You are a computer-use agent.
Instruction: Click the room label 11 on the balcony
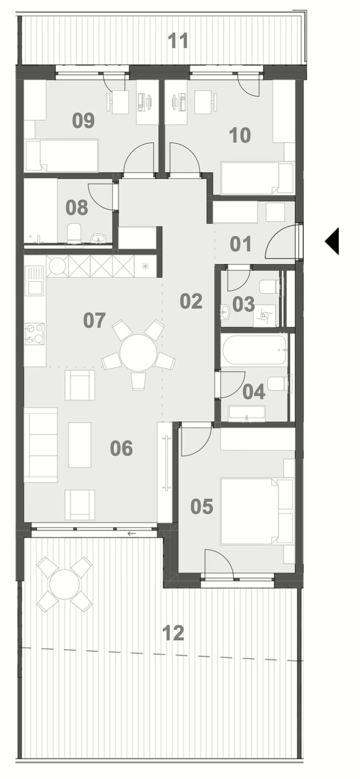tap(178, 40)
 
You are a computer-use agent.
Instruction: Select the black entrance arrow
tap(332, 241)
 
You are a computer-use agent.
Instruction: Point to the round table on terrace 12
tap(65, 584)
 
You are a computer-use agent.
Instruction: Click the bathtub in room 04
tap(255, 349)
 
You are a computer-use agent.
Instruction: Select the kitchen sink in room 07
tap(34, 280)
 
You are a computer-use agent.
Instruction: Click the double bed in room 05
tap(256, 511)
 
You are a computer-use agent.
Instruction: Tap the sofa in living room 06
tap(40, 445)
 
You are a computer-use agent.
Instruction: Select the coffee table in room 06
tap(79, 445)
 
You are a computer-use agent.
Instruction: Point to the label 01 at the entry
tap(241, 244)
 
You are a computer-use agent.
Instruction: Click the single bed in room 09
tap(62, 155)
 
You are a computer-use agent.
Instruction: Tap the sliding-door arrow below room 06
tap(131, 534)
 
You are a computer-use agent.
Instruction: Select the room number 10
tap(240, 135)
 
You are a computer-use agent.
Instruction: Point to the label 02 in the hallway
tap(191, 301)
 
